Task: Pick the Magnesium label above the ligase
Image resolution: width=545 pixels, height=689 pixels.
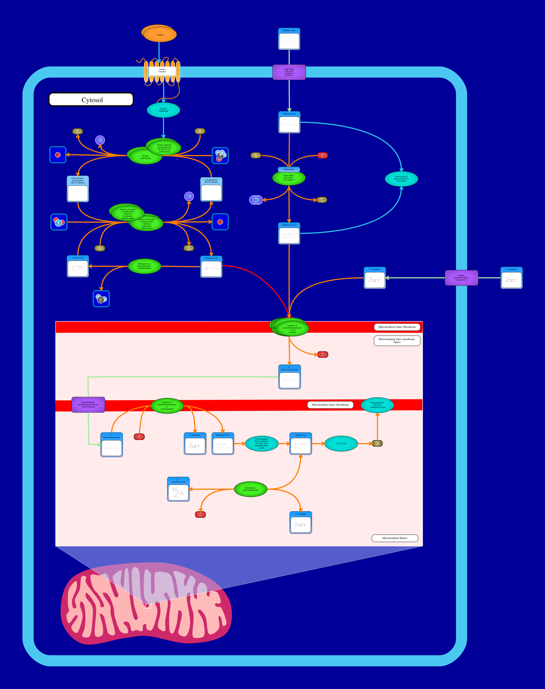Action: coord(289,169)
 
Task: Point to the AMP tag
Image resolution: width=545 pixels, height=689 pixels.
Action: coord(322,200)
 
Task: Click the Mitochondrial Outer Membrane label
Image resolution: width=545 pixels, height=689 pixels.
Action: coord(397,327)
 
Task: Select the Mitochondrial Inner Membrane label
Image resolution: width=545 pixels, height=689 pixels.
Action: coord(330,405)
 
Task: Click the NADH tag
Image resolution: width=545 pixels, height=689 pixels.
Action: coord(377,444)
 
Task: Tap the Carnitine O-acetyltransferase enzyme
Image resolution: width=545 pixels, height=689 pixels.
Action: coord(250,489)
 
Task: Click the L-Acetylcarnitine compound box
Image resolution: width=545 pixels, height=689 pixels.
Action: coord(178,489)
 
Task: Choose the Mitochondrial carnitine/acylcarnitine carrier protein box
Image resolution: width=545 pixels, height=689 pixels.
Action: coord(88,405)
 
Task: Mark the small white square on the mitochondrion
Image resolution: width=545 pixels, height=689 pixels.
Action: coord(148,605)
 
